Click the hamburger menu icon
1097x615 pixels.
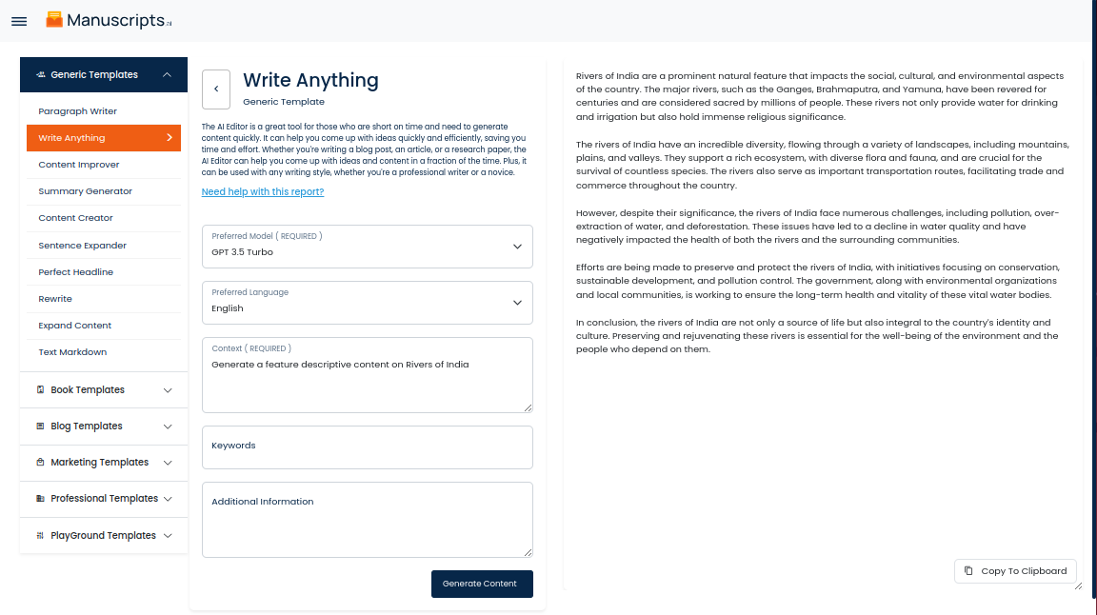pyautogui.click(x=19, y=21)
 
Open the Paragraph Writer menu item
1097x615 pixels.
pyautogui.click(x=77, y=111)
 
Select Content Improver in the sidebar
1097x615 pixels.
pyautogui.click(x=79, y=165)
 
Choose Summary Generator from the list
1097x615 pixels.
pyautogui.click(x=86, y=191)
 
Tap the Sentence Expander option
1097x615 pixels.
pyautogui.click(x=83, y=246)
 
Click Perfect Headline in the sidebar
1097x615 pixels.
pyautogui.click(x=76, y=272)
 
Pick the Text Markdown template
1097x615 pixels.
pyautogui.click(x=72, y=352)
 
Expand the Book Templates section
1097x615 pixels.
pyautogui.click(x=104, y=390)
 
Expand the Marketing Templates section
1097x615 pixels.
pyautogui.click(x=104, y=463)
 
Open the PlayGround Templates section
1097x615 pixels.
pyautogui.click(x=104, y=536)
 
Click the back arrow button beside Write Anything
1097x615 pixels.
pyautogui.click(x=216, y=89)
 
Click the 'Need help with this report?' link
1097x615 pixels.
pyautogui.click(x=263, y=192)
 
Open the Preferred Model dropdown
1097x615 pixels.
pyautogui.click(x=367, y=247)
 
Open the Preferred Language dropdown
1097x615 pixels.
pyautogui.click(x=367, y=302)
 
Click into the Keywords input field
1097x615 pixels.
pyautogui.click(x=367, y=447)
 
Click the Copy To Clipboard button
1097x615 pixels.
pyautogui.click(x=1015, y=571)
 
